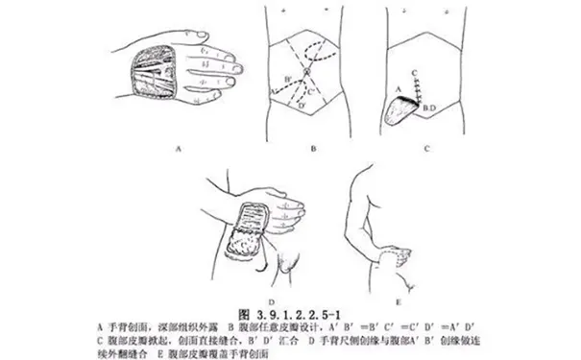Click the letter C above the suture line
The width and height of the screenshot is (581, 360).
[412, 72]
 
